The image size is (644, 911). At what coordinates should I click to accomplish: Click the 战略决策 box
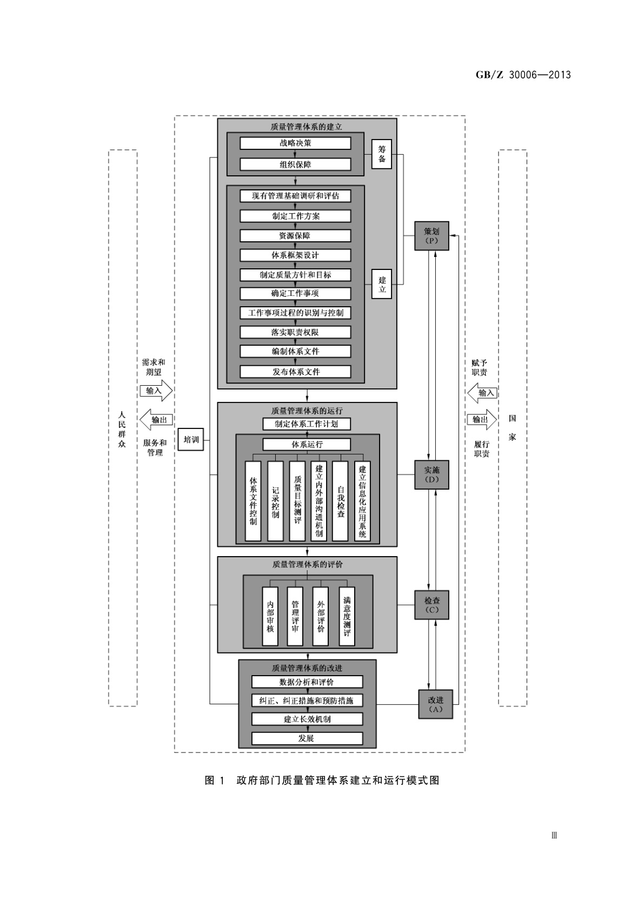(295, 143)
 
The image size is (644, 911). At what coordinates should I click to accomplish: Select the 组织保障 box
(295, 164)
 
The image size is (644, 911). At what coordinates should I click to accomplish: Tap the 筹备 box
(382, 154)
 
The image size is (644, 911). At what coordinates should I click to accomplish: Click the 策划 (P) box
(431, 236)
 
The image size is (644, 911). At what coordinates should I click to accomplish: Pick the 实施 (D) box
(431, 474)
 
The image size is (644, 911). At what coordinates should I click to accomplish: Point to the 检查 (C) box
(431, 605)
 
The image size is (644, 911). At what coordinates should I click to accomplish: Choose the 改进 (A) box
(435, 704)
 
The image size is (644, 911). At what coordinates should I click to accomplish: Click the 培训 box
(191, 439)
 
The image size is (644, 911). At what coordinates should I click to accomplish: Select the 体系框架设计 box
(295, 255)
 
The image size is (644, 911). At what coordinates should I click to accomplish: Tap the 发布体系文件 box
(295, 372)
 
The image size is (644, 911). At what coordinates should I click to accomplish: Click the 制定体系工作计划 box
(306, 424)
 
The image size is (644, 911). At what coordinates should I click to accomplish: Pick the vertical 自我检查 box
(340, 501)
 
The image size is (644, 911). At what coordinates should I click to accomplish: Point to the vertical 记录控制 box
(275, 501)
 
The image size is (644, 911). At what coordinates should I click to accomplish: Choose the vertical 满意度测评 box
(347, 616)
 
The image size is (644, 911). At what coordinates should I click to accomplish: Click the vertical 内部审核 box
(270, 616)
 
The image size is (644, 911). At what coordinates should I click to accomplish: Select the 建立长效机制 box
(307, 719)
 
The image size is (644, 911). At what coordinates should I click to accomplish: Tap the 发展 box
(307, 738)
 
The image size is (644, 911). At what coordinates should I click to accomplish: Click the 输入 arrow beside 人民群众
(156, 391)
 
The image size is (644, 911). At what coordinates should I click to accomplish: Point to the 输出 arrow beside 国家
(481, 419)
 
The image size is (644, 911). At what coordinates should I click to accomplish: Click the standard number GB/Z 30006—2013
(523, 75)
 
